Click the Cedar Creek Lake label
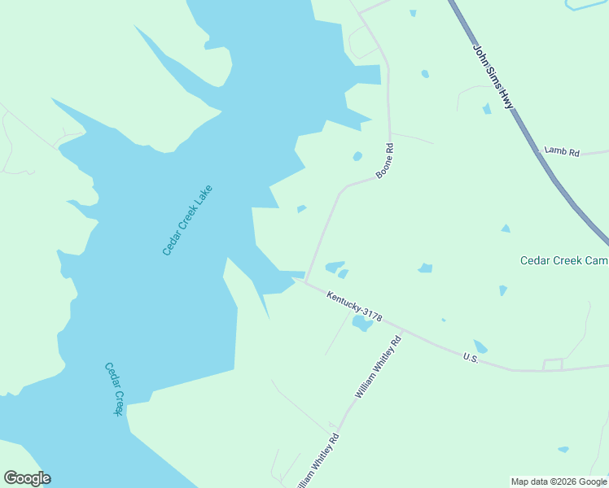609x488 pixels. click(187, 220)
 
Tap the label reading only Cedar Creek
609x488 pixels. click(113, 389)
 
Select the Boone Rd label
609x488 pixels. click(385, 161)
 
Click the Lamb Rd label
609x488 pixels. click(562, 151)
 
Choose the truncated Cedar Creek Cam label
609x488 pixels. click(564, 260)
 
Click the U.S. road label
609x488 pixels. click(470, 357)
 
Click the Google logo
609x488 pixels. click(27, 478)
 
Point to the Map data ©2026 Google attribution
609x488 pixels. click(559, 481)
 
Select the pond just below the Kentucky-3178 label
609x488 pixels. click(361, 324)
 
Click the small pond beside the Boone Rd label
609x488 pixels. click(357, 156)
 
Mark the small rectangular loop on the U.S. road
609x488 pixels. click(553, 364)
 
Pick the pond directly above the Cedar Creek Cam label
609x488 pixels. click(506, 229)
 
